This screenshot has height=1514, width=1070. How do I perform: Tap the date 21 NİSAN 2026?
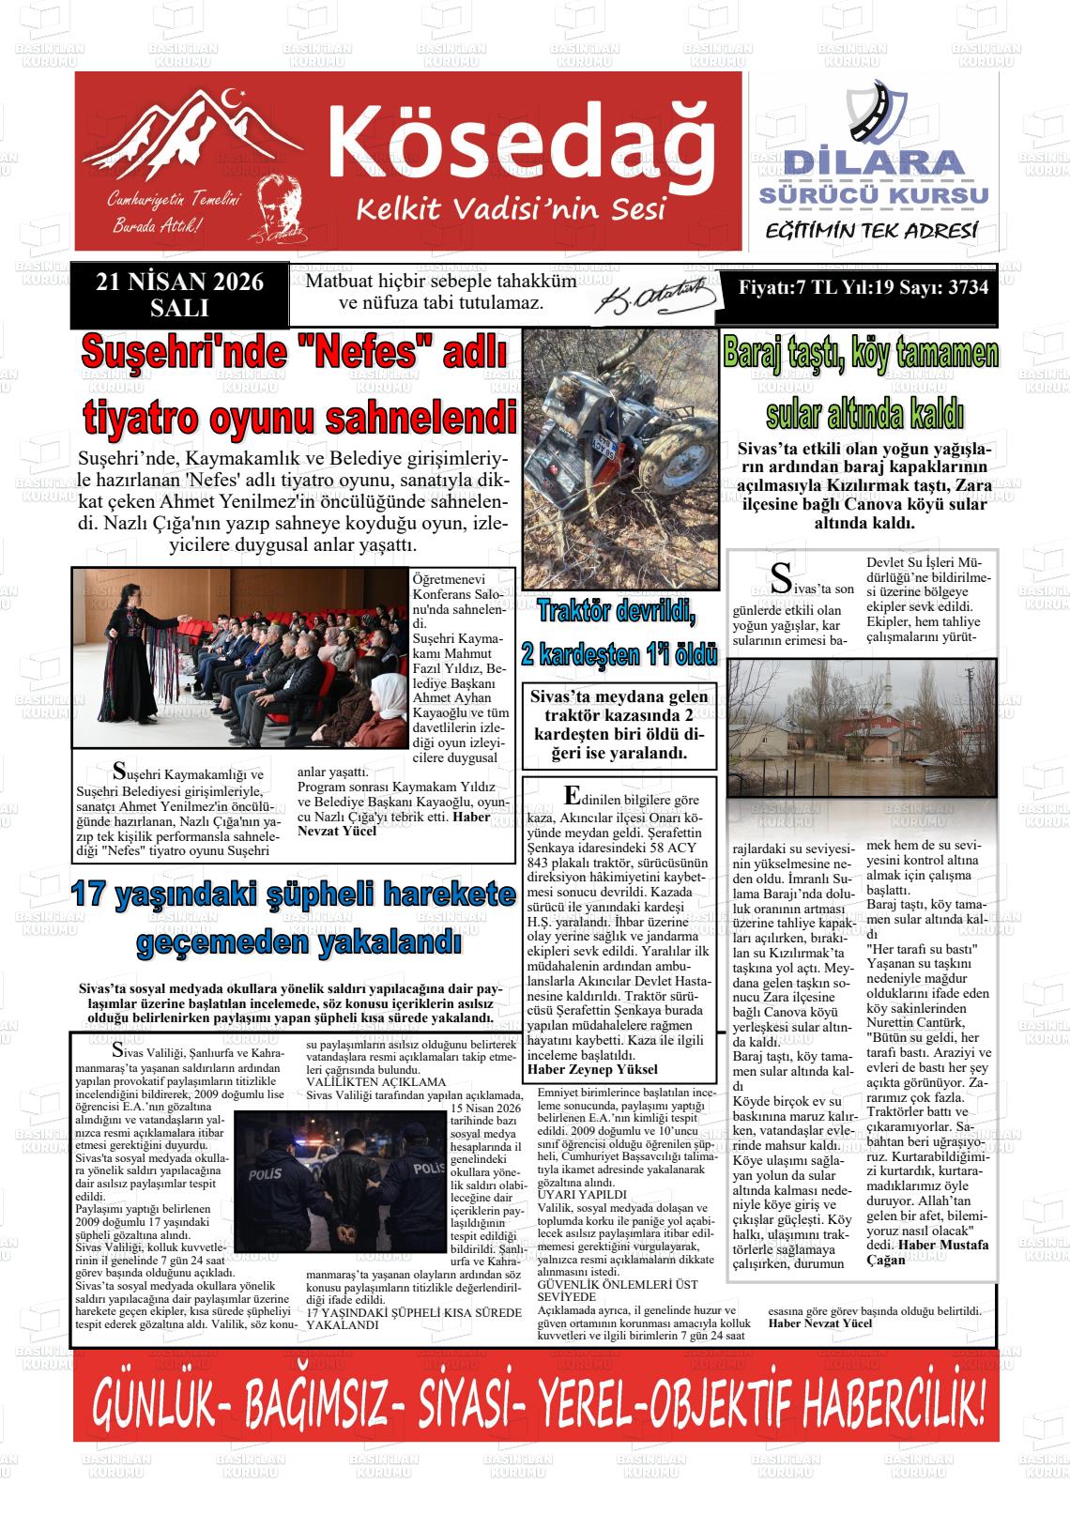(179, 283)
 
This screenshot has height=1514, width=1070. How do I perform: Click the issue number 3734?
(968, 288)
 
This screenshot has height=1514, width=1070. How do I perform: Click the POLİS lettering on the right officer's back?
(427, 1168)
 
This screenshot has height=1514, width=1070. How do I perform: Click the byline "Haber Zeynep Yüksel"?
(592, 1069)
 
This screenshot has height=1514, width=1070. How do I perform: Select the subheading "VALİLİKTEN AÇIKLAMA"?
(376, 1082)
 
